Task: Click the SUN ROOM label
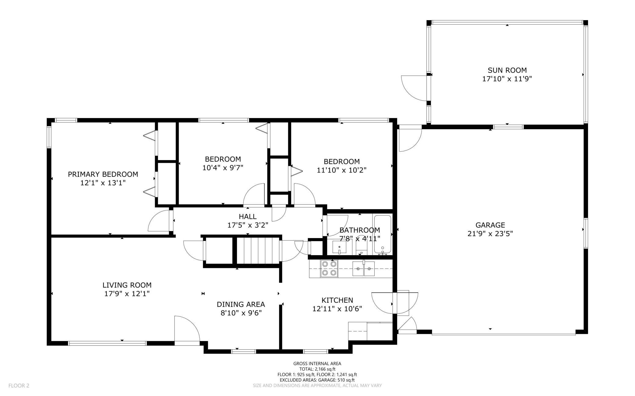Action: click(507, 70)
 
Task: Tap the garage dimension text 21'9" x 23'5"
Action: click(490, 234)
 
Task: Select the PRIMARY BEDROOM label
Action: click(103, 174)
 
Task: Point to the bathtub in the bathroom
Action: click(383, 235)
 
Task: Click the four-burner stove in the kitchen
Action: click(329, 269)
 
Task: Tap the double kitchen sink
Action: click(364, 269)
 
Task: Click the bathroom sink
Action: click(339, 247)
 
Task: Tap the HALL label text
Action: click(248, 217)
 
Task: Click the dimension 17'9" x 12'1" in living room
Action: click(127, 294)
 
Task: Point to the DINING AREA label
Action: click(241, 304)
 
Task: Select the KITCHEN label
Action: click(337, 300)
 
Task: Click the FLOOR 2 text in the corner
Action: click(19, 386)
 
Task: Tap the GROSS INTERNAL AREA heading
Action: click(317, 363)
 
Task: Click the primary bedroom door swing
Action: click(159, 221)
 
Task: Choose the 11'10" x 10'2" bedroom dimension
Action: click(342, 170)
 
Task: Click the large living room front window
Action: click(107, 343)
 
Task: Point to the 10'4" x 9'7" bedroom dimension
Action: click(223, 168)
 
